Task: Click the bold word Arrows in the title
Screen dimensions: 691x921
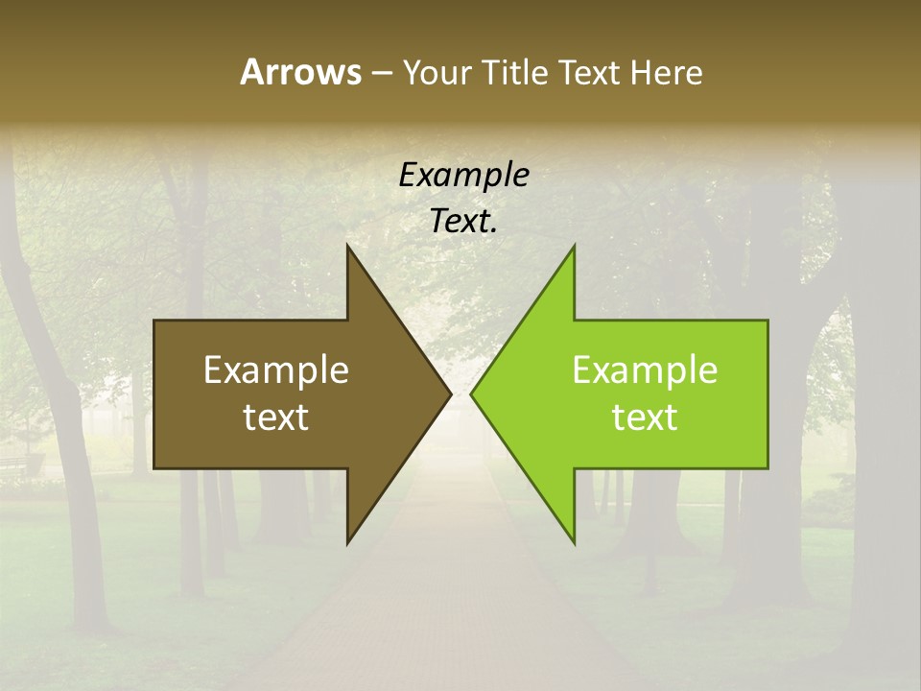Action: (300, 72)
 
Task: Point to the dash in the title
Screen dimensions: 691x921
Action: (381, 73)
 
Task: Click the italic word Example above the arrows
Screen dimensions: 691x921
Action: (464, 175)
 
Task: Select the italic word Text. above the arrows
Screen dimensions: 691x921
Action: (464, 222)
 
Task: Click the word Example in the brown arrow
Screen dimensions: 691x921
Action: (276, 369)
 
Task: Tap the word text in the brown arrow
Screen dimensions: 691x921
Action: (276, 417)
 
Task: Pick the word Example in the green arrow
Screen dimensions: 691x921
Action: (645, 369)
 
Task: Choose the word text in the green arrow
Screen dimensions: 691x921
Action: (645, 417)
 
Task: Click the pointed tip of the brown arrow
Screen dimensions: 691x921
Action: (451, 393)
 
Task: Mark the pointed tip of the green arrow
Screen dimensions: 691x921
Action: (471, 393)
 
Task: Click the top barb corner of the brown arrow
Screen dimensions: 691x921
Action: (347, 246)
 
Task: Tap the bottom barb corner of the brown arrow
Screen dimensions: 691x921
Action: (347, 543)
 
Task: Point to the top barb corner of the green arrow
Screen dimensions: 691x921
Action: (574, 246)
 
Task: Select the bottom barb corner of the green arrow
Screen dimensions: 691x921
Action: (574, 543)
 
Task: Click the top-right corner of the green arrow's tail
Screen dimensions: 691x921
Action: (767, 321)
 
